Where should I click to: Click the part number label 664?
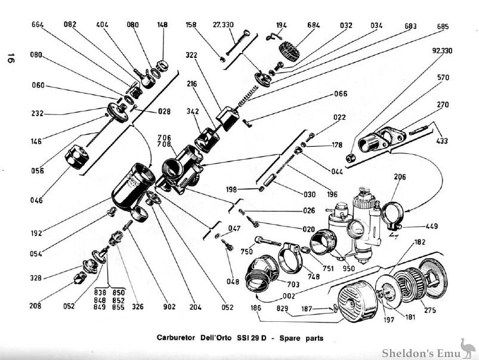click(x=38, y=25)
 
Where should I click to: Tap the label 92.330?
click(x=440, y=51)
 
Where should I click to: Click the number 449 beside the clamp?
click(x=432, y=226)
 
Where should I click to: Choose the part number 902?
click(x=169, y=307)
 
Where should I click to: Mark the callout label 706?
click(x=165, y=138)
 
